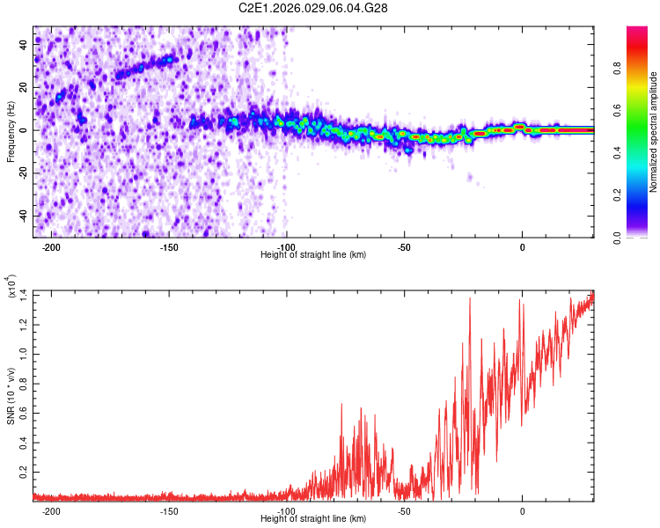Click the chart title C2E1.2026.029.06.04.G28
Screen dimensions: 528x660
point(313,8)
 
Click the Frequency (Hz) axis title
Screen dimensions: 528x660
point(11,131)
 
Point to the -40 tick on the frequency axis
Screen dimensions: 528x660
point(24,216)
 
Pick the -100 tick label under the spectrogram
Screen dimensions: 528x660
point(286,246)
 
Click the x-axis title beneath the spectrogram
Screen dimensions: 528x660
point(313,255)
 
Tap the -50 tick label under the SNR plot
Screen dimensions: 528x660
point(404,511)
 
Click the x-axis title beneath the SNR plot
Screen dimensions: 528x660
point(313,520)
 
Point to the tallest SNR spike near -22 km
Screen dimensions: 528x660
point(470,299)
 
